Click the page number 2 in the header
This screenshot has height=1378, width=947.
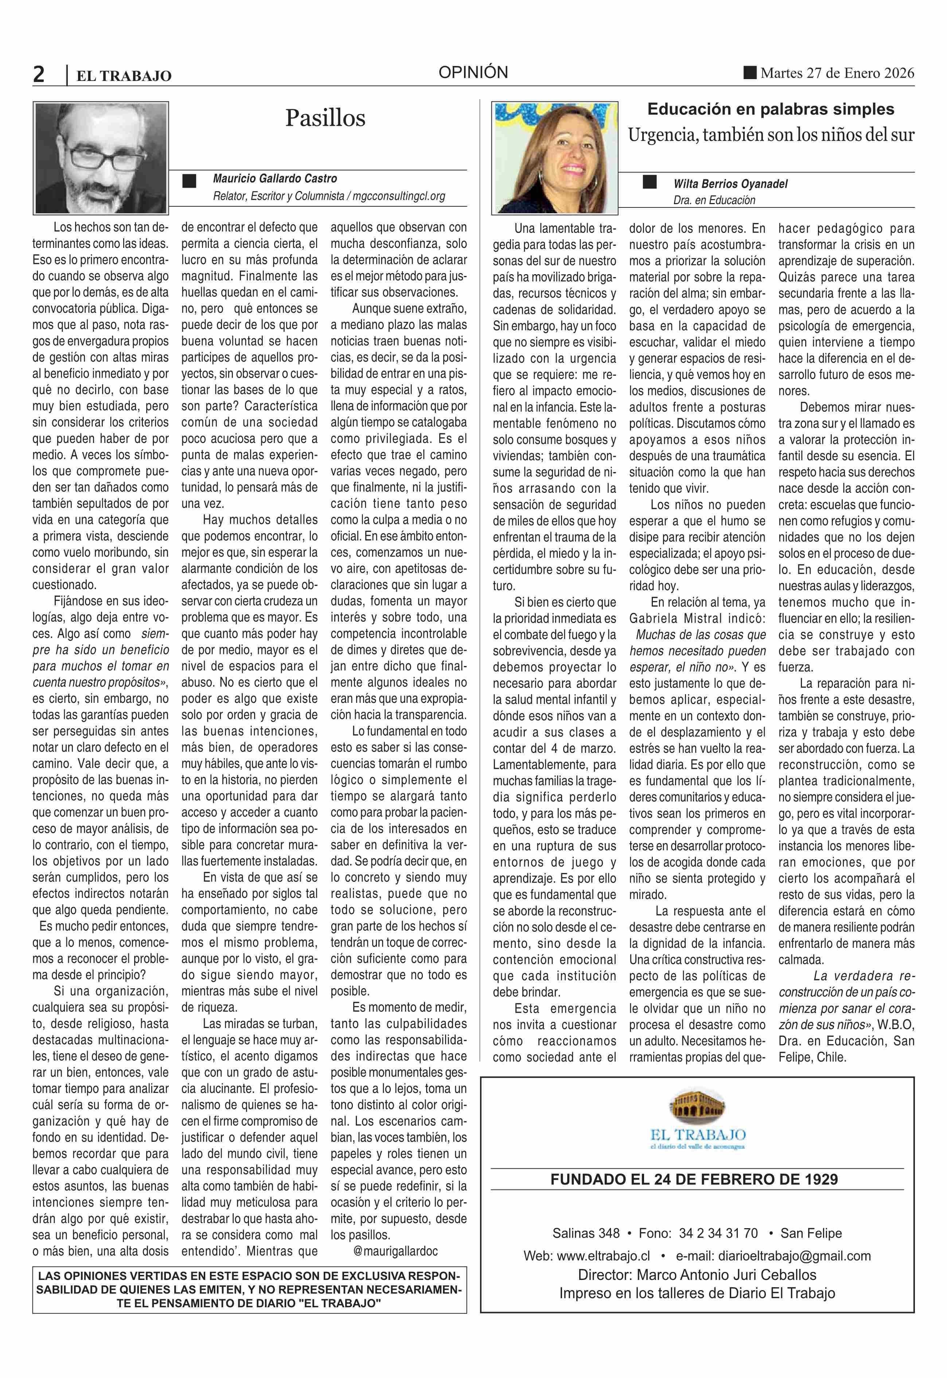click(39, 75)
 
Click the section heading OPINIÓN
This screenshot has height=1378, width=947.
click(473, 73)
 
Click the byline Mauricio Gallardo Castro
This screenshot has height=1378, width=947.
click(275, 179)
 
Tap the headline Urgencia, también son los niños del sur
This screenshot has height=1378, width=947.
click(771, 135)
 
